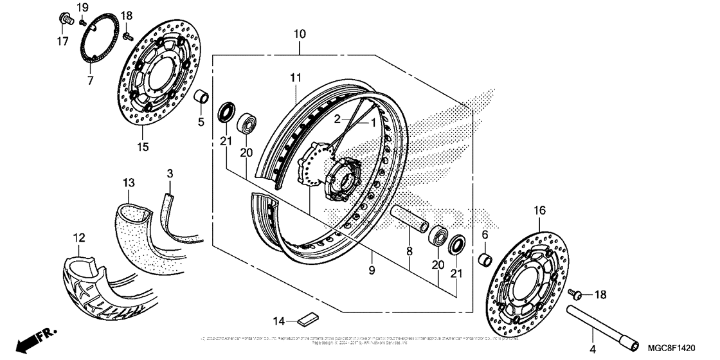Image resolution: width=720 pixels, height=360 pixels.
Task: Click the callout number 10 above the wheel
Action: (x=300, y=33)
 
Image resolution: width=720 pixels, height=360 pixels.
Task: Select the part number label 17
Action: (x=62, y=42)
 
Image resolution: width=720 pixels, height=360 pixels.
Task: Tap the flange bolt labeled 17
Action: (x=65, y=19)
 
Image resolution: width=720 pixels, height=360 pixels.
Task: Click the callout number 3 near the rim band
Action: (x=170, y=173)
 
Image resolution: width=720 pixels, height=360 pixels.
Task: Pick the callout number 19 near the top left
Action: (x=82, y=7)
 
